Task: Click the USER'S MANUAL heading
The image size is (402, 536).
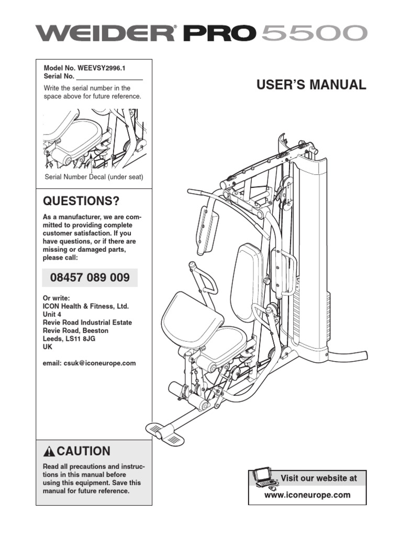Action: [310, 85]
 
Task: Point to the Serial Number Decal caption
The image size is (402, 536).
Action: [94, 177]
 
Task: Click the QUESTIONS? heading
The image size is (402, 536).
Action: [81, 202]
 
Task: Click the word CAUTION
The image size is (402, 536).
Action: [84, 451]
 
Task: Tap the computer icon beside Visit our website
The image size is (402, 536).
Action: [264, 478]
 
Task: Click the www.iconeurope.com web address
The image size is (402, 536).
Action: [307, 494]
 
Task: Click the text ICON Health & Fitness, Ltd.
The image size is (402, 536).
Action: [85, 306]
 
